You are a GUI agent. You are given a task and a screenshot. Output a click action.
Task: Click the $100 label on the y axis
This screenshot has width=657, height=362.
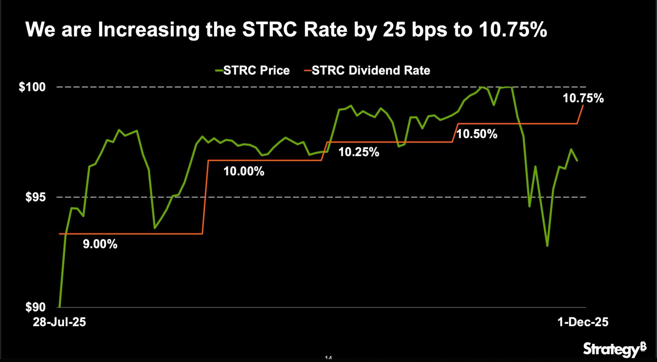(x=32, y=87)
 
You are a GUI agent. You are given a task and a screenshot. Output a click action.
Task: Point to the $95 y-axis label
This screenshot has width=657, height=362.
(x=35, y=197)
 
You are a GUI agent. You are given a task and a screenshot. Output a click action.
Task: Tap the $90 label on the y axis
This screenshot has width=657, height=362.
(x=35, y=307)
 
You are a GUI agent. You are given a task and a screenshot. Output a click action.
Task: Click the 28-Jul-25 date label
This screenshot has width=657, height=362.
(x=59, y=322)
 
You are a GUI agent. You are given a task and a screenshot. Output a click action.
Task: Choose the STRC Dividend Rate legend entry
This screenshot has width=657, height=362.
(x=367, y=71)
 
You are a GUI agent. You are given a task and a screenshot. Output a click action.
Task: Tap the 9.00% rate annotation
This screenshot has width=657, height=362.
(x=100, y=244)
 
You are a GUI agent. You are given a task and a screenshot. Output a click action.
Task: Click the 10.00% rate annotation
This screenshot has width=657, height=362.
(x=244, y=171)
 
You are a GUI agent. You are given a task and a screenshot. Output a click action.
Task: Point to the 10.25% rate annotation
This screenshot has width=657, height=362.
(x=359, y=152)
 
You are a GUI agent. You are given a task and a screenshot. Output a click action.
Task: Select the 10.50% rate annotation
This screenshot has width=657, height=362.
(x=477, y=134)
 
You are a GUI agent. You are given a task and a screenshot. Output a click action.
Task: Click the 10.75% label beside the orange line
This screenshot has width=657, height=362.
(x=583, y=99)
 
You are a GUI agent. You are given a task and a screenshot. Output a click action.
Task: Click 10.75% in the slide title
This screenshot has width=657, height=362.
(x=513, y=30)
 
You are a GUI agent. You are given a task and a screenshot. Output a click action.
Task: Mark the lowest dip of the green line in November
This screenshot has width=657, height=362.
(x=547, y=246)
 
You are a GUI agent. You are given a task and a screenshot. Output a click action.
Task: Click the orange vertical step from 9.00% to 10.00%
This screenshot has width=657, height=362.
(x=205, y=197)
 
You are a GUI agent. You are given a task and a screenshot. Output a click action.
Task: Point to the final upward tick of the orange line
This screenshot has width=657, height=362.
(x=581, y=114)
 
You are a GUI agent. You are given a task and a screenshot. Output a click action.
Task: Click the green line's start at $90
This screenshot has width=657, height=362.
(x=60, y=306)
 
